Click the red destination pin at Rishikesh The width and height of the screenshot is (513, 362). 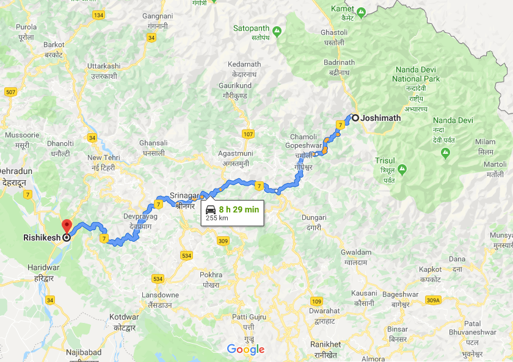coord(67,225)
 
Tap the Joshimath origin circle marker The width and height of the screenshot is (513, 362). coord(355,118)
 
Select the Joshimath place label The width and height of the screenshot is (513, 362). coord(380,118)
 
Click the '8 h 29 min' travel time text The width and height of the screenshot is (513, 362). coord(239,209)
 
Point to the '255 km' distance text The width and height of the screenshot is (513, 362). coord(217,218)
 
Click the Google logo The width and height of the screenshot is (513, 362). coord(246,349)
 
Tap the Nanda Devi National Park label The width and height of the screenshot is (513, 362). coord(415,74)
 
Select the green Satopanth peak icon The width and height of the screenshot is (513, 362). coord(277,30)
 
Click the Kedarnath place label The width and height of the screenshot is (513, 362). coord(244,64)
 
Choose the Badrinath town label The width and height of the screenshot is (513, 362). coord(339,62)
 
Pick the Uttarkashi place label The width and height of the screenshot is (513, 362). coord(104,66)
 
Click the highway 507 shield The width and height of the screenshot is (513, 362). coord(10,92)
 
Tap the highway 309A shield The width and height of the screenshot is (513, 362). coord(432,300)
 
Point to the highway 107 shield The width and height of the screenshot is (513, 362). coord(247,134)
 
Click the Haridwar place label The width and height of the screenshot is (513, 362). coord(43,267)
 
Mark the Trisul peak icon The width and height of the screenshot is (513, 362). coord(402,168)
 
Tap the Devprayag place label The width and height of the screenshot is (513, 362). coord(139,217)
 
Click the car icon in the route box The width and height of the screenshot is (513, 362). coord(211,209)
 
